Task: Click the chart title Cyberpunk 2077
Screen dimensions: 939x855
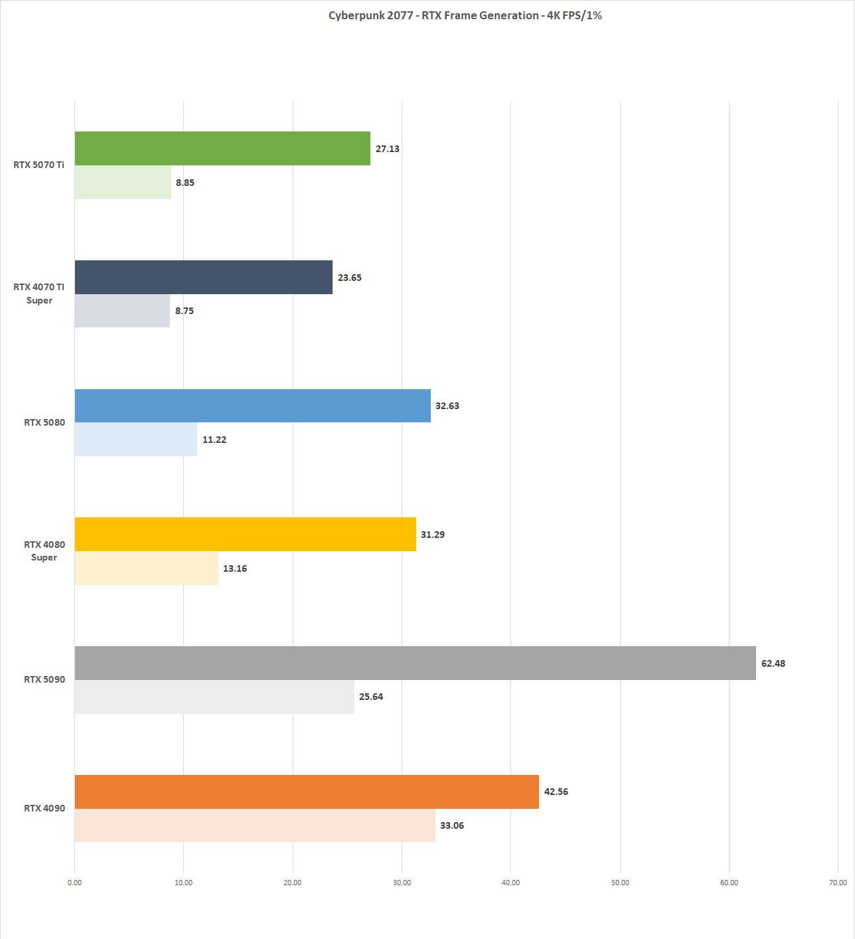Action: [x=465, y=15]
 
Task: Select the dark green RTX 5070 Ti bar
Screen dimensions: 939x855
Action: [x=222, y=148]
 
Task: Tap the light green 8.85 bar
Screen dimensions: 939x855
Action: [x=123, y=182]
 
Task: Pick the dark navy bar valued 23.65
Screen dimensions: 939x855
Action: [x=203, y=277]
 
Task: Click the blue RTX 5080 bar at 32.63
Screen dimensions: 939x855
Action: [x=252, y=406]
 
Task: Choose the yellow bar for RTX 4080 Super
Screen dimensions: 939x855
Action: [x=245, y=534]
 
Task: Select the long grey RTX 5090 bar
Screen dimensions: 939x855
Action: [x=415, y=663]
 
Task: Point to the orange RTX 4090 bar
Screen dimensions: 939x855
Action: [x=307, y=792]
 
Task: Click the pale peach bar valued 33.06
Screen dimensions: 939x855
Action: [x=255, y=825]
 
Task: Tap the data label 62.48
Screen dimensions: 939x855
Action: [x=773, y=663]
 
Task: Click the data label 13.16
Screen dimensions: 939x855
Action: [x=235, y=568]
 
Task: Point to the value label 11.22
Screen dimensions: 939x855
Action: [x=214, y=440]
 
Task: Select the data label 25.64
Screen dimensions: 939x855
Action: [x=371, y=697]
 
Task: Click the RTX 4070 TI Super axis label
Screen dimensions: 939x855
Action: [x=39, y=294]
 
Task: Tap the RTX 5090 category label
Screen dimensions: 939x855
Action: [x=44, y=679]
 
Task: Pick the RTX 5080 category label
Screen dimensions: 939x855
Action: [x=44, y=422]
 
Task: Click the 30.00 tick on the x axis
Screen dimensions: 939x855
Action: [x=402, y=883]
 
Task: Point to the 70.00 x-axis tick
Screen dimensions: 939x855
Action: [x=838, y=883]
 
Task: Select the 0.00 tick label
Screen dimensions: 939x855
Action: [x=74, y=883]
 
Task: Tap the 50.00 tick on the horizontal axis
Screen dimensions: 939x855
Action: [x=620, y=883]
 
